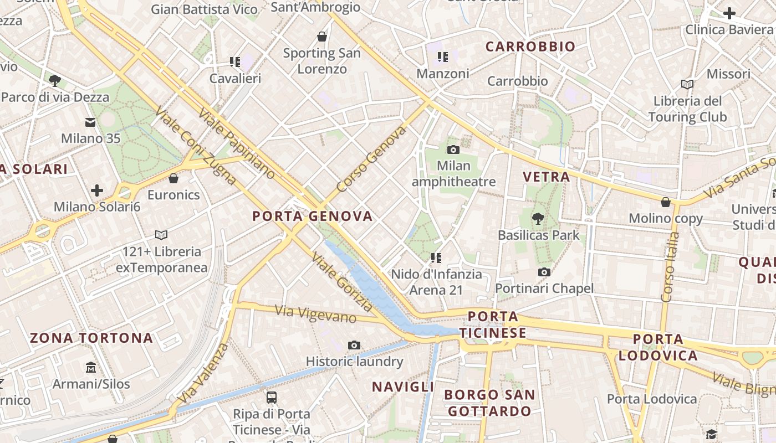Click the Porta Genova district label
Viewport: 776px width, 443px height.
click(313, 216)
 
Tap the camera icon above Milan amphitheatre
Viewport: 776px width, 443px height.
click(453, 150)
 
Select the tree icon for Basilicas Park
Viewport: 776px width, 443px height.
click(538, 219)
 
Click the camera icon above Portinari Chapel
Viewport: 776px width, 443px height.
click(544, 272)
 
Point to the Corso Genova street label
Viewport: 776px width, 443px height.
click(371, 159)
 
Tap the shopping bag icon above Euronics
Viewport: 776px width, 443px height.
click(173, 178)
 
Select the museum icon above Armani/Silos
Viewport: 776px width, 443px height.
click(91, 367)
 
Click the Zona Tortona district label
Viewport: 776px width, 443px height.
click(91, 338)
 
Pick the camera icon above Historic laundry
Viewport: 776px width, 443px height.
click(354, 346)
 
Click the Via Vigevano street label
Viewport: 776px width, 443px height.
click(316, 314)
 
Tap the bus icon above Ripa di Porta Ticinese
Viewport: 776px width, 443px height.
click(272, 397)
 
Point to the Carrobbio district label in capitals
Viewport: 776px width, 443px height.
click(530, 47)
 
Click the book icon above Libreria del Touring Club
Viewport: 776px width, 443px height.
click(687, 84)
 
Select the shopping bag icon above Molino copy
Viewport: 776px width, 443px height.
click(666, 202)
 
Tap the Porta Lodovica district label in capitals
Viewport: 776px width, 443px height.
click(658, 347)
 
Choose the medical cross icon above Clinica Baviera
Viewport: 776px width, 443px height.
click(729, 13)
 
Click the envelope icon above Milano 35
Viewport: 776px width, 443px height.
click(90, 122)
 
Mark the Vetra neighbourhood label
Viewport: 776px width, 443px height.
click(547, 177)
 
